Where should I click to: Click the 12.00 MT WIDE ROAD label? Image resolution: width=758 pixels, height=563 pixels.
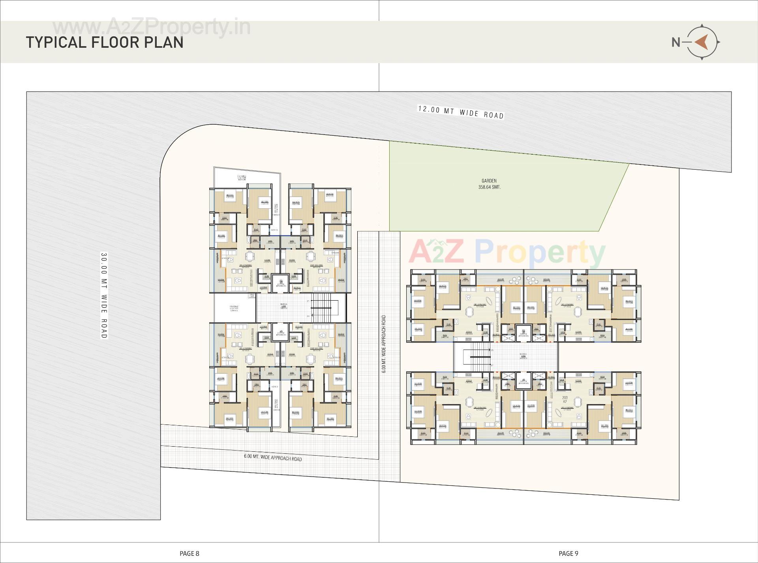point(461,112)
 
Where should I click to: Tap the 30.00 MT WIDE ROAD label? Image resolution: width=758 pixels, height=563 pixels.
point(104,296)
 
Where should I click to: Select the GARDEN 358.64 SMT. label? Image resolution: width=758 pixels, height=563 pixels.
point(489,184)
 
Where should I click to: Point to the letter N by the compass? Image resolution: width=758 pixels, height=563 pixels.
point(676,42)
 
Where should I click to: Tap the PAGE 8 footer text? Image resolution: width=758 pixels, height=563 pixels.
point(189,554)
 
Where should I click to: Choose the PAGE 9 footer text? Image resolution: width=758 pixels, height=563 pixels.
point(568,554)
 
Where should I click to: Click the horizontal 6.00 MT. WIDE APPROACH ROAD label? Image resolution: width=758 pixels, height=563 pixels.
point(273,457)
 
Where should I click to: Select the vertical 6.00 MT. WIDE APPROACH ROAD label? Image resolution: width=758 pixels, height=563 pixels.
point(384,344)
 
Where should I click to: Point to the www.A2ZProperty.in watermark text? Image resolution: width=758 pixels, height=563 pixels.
point(152,28)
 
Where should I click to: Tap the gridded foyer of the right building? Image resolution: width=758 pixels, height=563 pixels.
point(523,357)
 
